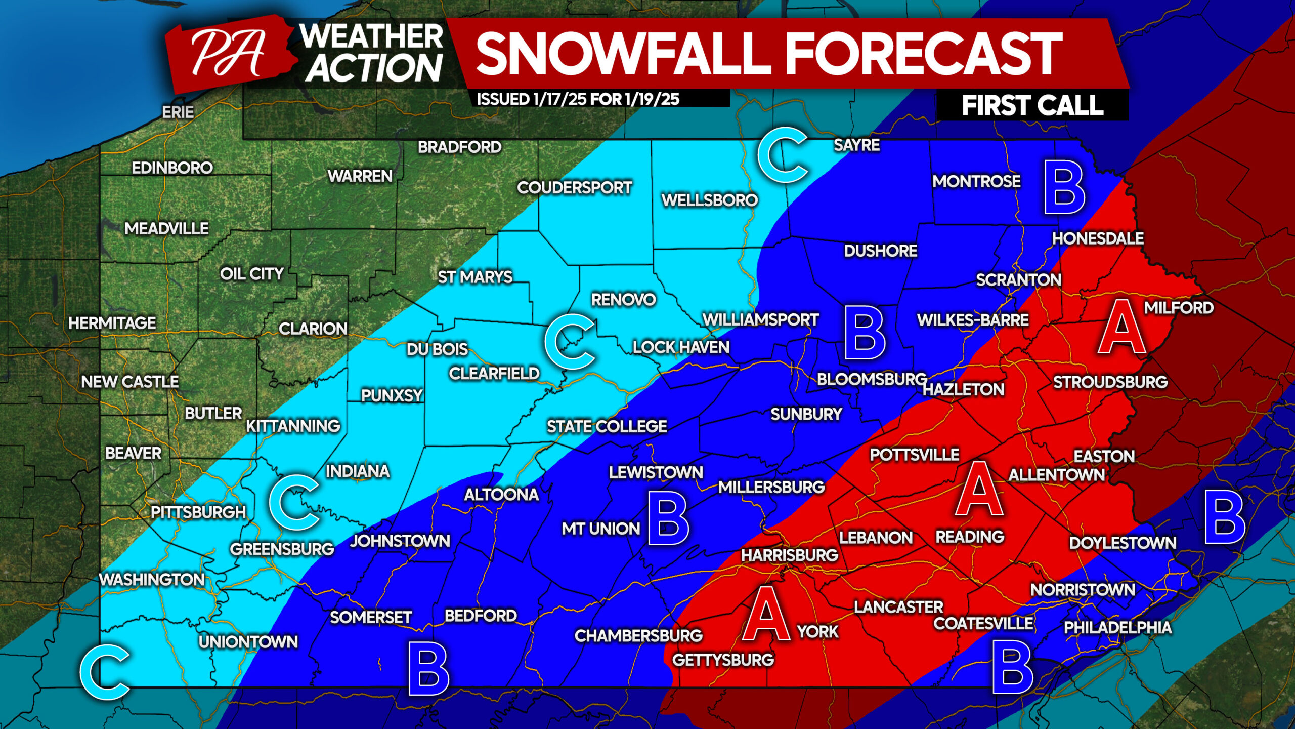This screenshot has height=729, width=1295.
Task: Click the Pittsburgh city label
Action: [198, 512]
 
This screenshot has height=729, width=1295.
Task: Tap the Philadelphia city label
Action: [1117, 628]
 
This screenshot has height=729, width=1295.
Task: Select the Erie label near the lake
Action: [178, 112]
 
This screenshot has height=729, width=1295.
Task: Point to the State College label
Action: [607, 426]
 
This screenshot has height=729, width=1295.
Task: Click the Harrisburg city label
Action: [789, 555]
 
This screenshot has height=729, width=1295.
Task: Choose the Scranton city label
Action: [1018, 280]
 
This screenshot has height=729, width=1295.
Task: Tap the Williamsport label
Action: [760, 320]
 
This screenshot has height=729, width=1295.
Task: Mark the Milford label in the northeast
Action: [1179, 308]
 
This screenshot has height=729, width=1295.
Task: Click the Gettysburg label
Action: [723, 660]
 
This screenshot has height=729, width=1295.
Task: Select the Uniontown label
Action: [248, 642]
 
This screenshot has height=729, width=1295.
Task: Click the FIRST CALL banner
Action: [1032, 106]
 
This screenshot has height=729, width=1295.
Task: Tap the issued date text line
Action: [578, 99]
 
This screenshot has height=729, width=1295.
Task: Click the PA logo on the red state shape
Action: [229, 53]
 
